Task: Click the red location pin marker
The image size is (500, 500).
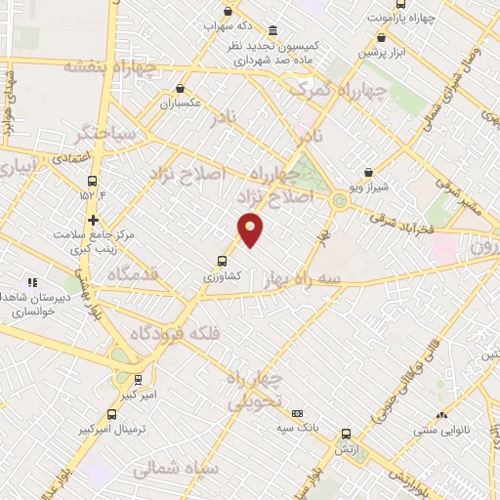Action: coord(251,229)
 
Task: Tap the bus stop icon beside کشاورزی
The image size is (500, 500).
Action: coord(222,261)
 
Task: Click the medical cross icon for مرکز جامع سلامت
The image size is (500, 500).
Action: coord(93,220)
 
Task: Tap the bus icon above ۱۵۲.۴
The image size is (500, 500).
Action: coord(93,181)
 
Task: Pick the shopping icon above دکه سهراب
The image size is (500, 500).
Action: coord(228,12)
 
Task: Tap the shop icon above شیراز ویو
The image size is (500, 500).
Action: coord(368,171)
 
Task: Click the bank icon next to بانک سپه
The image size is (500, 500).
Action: coord(297,413)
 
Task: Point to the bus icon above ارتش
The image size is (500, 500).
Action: coord(346,434)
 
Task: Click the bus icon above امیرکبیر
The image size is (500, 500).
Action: coord(138,379)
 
